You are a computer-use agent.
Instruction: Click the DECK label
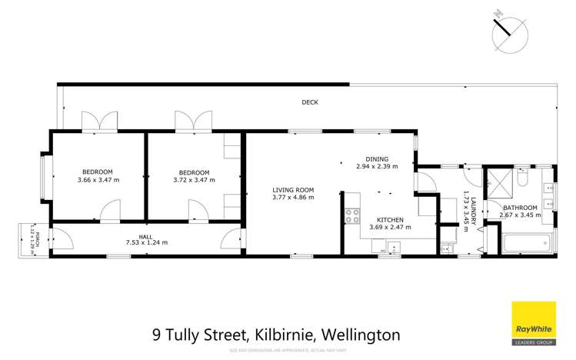309,102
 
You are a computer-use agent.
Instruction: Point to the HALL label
146,235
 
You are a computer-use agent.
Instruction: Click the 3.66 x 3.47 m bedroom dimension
98,180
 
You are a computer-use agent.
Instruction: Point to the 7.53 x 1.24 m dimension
146,243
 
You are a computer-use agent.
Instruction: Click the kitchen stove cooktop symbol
353,216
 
